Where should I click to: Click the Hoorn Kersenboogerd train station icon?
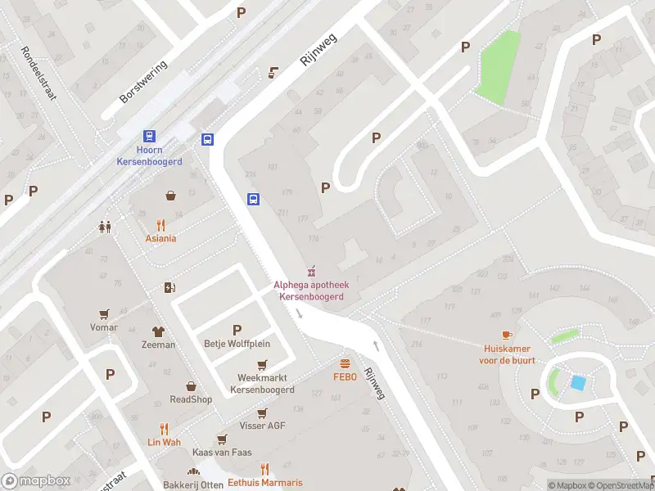pos(149,137)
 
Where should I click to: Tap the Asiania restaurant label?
pos(160,238)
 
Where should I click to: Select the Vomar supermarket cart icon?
pos(104,313)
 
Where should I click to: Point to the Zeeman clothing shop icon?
pos(158,331)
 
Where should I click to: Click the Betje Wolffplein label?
pos(237,344)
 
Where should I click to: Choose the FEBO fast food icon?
pos(345,363)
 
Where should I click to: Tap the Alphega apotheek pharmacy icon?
pos(310,271)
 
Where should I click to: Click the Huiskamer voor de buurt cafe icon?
pos(507,335)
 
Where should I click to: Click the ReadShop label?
pos(191,399)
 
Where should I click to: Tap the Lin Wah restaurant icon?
pos(164,428)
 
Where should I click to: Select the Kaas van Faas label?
pos(221,453)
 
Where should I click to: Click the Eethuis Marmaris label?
pos(264,482)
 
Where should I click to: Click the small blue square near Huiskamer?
pos(578,383)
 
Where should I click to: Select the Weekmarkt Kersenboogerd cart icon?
pos(262,365)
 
